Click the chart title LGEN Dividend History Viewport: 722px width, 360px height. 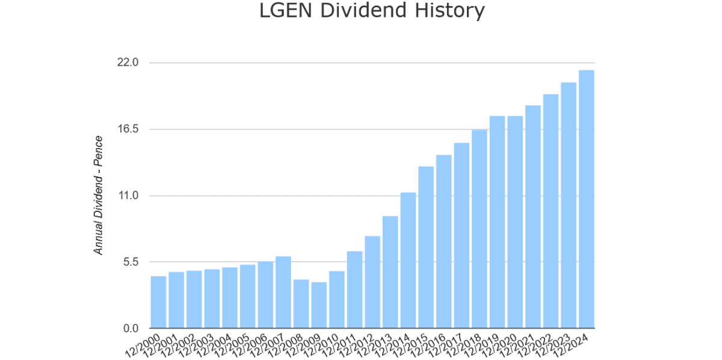(371, 11)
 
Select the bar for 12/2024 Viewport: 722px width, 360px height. (586, 199)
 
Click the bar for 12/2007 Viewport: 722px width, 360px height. (283, 293)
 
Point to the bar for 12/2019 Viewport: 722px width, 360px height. (497, 222)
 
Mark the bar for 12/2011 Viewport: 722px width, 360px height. (354, 290)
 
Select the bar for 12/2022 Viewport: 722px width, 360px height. (551, 211)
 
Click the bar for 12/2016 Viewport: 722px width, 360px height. (443, 241)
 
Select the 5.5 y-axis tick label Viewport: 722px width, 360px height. (129, 262)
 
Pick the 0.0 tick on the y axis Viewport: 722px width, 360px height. (129, 329)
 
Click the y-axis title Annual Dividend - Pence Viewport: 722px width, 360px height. (99, 195)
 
